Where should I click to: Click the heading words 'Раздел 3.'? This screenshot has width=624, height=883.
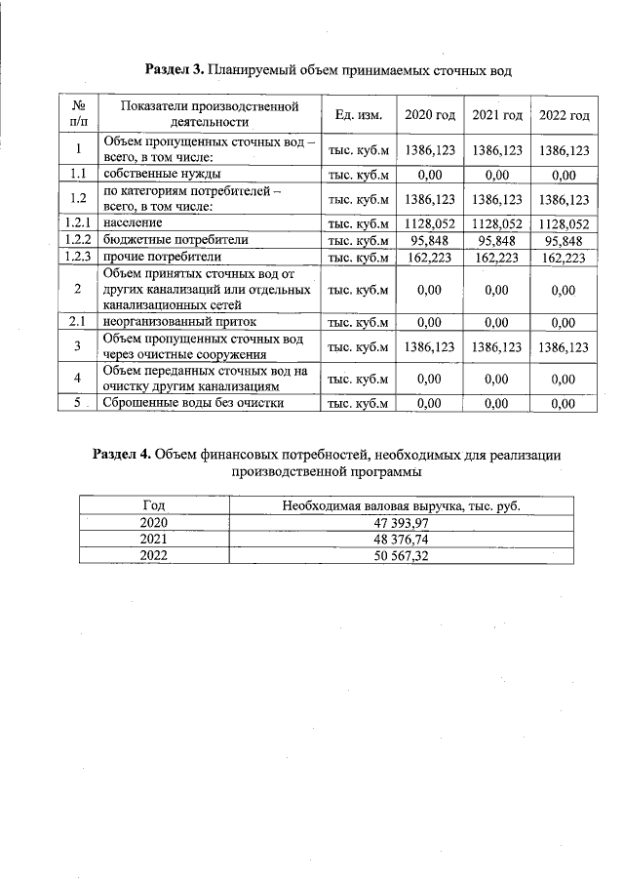pyautogui.click(x=175, y=70)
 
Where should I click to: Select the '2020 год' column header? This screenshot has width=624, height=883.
pyautogui.click(x=430, y=115)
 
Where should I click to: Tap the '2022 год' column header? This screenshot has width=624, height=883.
pyautogui.click(x=565, y=115)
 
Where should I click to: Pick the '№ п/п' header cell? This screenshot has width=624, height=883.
pyautogui.click(x=77, y=114)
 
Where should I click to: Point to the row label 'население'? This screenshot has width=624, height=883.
pyautogui.click(x=133, y=223)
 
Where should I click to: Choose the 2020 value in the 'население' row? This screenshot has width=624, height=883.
pyautogui.click(x=430, y=223)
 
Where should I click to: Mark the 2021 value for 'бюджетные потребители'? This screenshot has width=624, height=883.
pyautogui.click(x=496, y=240)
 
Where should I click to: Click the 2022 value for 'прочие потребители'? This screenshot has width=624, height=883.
pyautogui.click(x=565, y=258)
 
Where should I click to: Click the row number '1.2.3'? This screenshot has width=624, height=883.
pyautogui.click(x=77, y=258)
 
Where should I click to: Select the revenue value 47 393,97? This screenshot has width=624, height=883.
pyautogui.click(x=401, y=523)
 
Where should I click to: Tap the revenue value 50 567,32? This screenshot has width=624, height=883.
pyautogui.click(x=401, y=555)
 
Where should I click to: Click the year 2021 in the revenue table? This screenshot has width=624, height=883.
pyautogui.click(x=153, y=540)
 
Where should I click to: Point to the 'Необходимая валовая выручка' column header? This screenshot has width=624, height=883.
pyautogui.click(x=401, y=506)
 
